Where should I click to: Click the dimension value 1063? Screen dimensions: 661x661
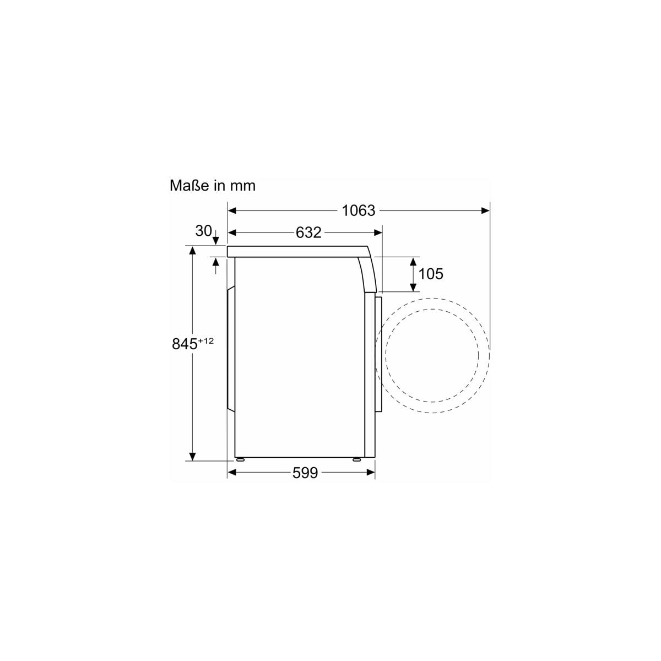click(358, 210)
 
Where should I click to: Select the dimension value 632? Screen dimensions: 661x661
click(308, 232)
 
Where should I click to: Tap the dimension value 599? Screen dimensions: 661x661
click(305, 473)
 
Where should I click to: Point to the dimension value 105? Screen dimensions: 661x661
click(431, 274)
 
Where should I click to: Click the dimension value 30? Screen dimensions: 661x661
click(203, 231)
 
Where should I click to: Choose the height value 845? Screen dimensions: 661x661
click(185, 344)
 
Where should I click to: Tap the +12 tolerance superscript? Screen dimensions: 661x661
click(206, 341)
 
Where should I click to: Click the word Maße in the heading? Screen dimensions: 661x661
click(189, 186)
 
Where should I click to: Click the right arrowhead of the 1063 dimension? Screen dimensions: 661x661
click(485, 210)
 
